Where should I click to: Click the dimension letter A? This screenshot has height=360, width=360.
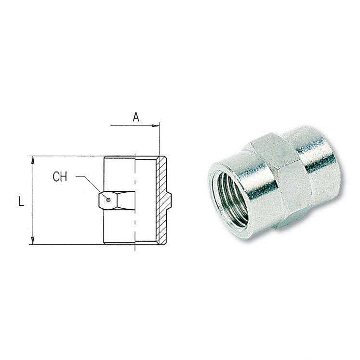tap(136, 117)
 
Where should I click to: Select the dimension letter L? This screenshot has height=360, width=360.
tap(21, 201)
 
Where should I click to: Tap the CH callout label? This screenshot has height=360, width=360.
tap(60, 177)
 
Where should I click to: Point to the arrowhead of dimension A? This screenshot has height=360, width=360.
tap(156, 126)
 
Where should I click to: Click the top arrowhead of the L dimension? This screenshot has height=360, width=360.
tap(33, 160)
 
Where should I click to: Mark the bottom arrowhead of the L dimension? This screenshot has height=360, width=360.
tap(33, 240)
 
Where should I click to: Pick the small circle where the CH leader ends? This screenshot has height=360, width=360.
tap(108, 200)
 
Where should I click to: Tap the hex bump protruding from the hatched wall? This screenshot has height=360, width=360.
tap(169, 200)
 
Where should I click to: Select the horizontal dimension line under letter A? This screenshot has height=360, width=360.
tap(133, 126)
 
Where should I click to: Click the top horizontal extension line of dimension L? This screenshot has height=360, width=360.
tap(67, 156)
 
